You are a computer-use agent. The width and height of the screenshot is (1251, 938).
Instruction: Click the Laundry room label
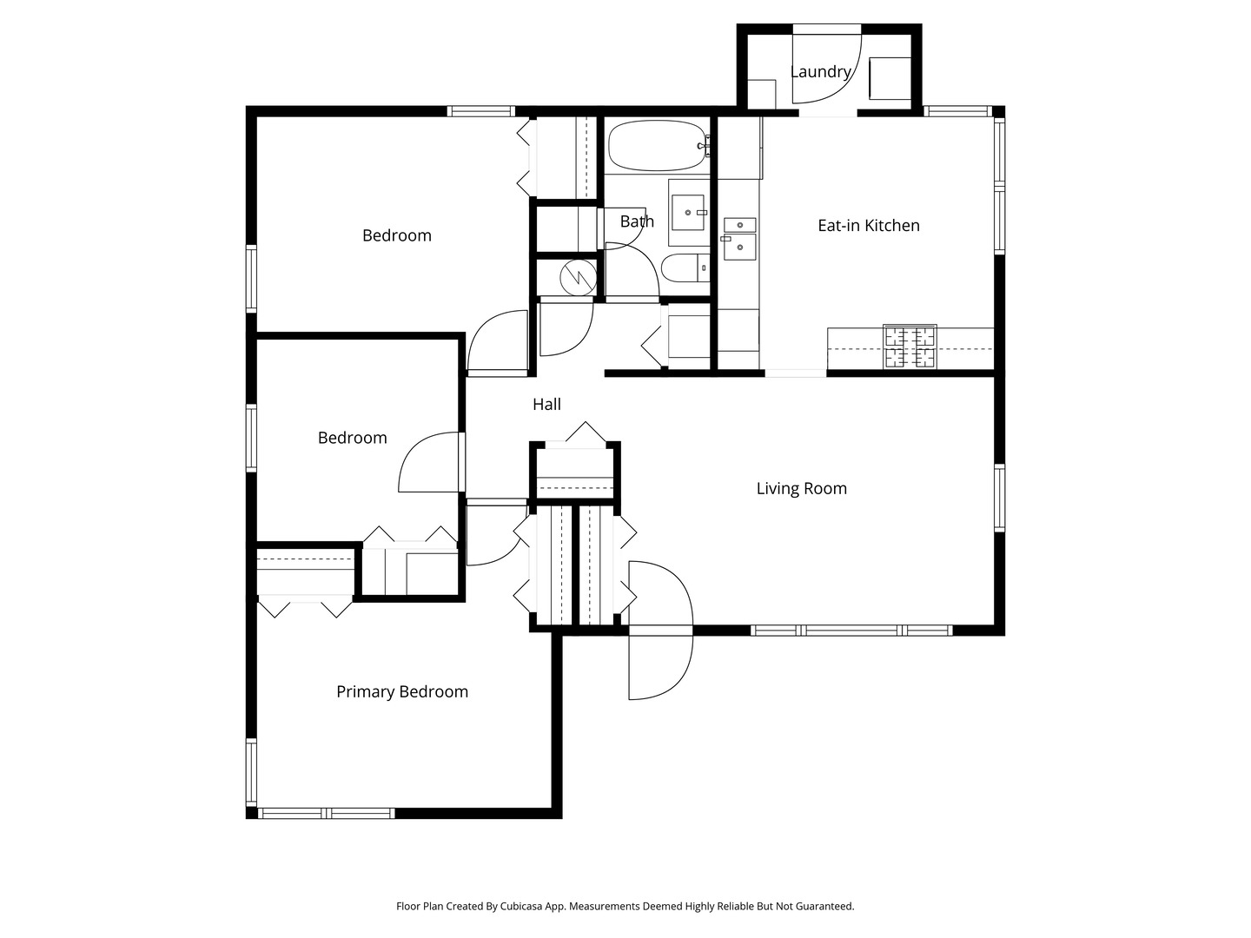[x=820, y=72]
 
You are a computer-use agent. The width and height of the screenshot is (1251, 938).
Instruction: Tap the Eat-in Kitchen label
[x=868, y=226]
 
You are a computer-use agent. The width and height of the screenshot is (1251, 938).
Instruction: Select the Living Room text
[x=801, y=489]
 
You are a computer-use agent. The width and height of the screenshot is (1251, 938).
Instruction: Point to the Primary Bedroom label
[x=402, y=692]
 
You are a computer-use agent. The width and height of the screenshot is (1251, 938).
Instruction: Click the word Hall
[x=546, y=405]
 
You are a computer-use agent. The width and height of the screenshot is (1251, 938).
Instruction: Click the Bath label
[x=637, y=221]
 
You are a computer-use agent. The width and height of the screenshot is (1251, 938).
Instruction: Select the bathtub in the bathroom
[x=657, y=146]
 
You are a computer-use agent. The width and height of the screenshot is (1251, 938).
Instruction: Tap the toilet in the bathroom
[x=685, y=269]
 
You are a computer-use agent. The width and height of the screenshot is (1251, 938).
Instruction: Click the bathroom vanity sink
[x=688, y=212]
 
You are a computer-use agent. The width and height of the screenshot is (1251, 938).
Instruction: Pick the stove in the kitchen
[x=910, y=347]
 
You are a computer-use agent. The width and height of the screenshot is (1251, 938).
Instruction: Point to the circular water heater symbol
[x=575, y=278]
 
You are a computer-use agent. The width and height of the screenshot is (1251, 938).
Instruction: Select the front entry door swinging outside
[x=660, y=667]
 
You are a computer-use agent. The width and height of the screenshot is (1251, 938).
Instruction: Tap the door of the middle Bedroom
[x=430, y=462]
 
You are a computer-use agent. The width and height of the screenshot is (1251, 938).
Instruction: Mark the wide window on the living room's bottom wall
[x=851, y=631]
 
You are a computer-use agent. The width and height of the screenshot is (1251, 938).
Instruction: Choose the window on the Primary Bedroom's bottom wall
[x=327, y=814]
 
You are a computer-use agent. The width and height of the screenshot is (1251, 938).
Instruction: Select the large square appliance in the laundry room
[x=890, y=78]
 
